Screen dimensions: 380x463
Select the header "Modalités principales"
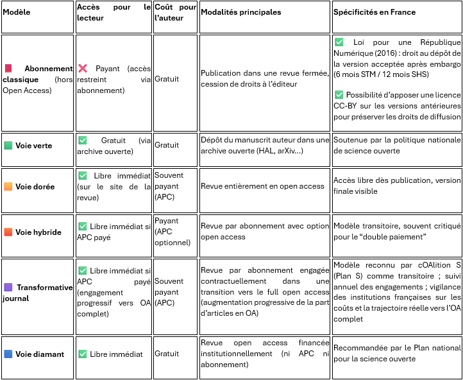[240, 12]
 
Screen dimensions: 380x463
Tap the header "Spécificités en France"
[375, 12]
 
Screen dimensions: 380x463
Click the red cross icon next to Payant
[83, 68]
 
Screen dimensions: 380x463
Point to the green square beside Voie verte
[8, 146]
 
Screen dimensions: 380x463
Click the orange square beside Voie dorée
[8, 187]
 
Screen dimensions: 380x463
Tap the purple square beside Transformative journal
[8, 288]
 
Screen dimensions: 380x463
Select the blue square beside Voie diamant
[8, 354]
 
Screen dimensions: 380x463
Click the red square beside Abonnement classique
[8, 68]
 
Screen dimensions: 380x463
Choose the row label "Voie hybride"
[38, 232]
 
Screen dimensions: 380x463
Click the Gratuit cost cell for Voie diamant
[167, 354]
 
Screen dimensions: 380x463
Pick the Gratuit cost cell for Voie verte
[167, 145]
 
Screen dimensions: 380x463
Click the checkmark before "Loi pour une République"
[339, 42]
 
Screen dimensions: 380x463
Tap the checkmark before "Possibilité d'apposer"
[339, 94]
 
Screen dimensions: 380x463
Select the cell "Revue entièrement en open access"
[262, 186]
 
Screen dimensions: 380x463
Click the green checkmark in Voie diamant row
[82, 354]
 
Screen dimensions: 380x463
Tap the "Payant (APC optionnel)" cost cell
[173, 232]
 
